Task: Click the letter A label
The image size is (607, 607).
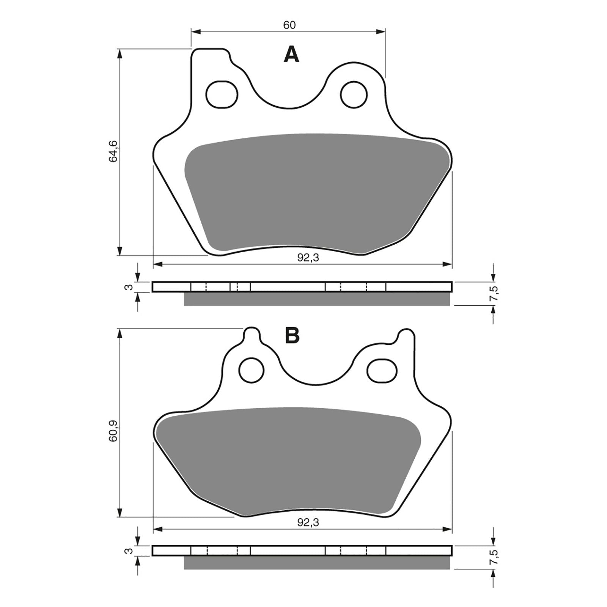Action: [291, 55]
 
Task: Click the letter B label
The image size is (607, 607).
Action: [292, 335]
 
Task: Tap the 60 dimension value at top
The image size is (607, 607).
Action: [289, 25]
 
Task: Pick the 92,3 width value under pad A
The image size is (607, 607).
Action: [308, 258]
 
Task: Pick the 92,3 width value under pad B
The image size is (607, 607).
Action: [308, 523]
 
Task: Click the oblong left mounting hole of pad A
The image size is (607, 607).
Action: [222, 94]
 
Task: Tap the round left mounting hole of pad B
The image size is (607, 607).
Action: [251, 370]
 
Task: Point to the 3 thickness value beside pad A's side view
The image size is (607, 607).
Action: [129, 287]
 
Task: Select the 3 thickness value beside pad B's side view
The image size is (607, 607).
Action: [129, 551]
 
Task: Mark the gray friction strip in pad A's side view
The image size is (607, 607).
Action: [317, 299]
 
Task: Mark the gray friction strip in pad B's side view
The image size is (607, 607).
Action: [317, 563]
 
